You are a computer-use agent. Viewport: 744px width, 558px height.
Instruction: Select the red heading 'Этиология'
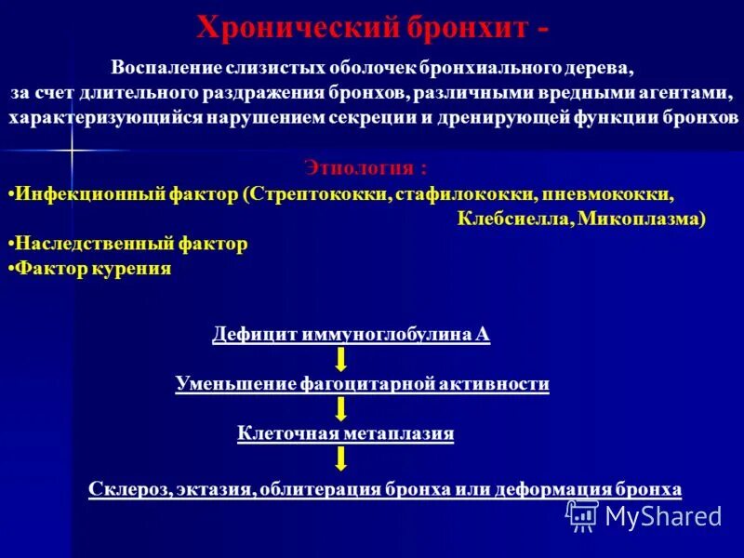tap(365, 168)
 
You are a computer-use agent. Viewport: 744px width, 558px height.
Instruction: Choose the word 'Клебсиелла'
tap(513, 219)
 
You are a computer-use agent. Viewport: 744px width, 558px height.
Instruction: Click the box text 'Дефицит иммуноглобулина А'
tap(351, 335)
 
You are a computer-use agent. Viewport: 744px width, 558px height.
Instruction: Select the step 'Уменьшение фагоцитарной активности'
tap(362, 383)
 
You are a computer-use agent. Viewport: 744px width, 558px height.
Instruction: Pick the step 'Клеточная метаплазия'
tap(346, 432)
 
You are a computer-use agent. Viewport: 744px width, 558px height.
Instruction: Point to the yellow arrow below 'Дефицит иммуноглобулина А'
tap(341, 359)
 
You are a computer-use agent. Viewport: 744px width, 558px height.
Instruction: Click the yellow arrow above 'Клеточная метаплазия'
tap(341, 407)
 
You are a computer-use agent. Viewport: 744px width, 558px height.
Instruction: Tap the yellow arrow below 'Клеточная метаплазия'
tap(341, 458)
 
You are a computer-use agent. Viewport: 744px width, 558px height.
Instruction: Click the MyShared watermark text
tap(663, 515)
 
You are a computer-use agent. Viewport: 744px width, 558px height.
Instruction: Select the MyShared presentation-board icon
tap(582, 515)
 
